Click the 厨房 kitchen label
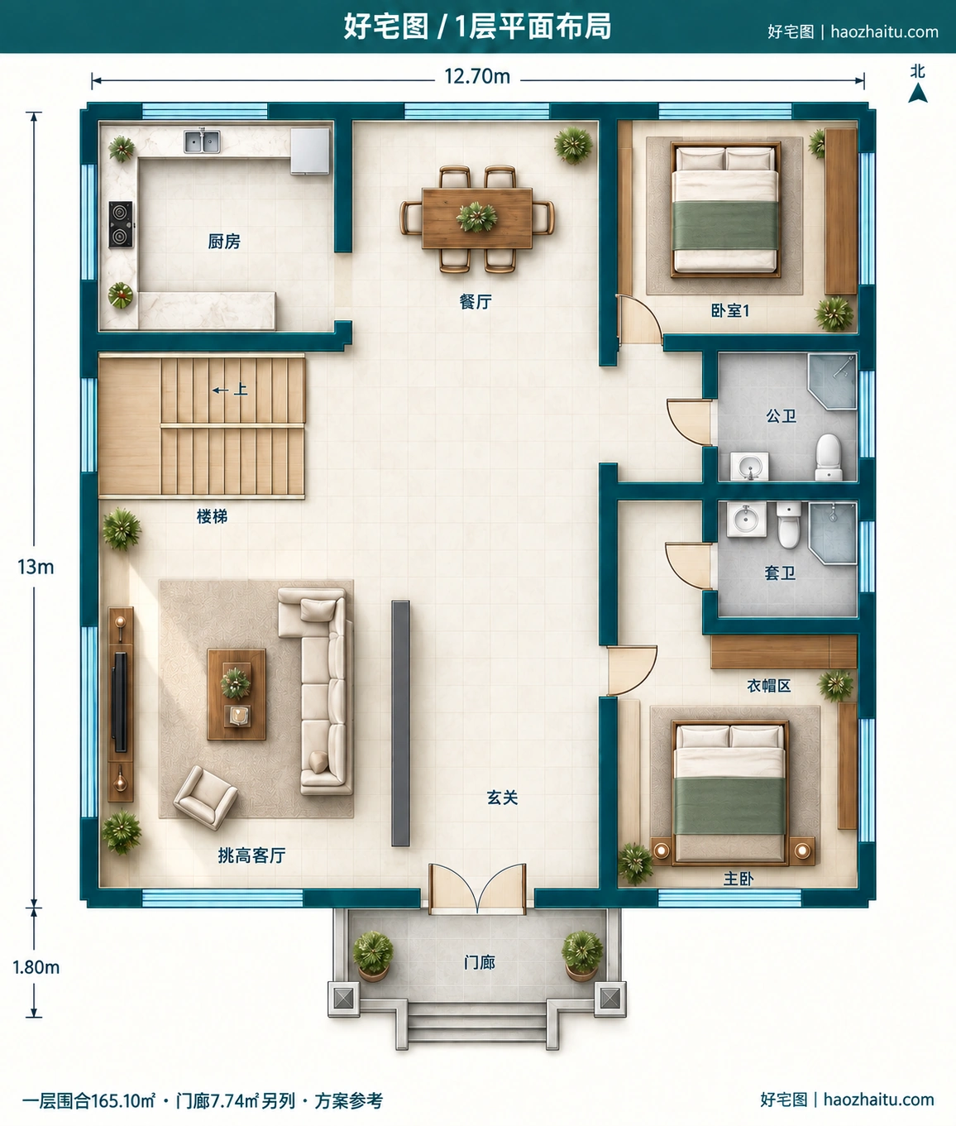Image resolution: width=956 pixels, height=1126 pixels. (x=224, y=242)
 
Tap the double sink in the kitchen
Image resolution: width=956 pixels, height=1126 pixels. (x=202, y=141)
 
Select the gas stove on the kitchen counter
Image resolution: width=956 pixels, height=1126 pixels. (x=121, y=224)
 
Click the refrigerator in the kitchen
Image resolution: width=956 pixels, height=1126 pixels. (x=310, y=151)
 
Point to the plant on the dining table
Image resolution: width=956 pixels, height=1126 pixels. (x=476, y=217)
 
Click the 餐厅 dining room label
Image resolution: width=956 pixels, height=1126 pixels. (x=476, y=301)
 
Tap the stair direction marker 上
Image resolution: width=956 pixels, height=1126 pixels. (x=241, y=390)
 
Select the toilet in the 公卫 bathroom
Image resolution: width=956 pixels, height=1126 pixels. (x=829, y=457)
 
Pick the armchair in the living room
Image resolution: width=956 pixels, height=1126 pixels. (x=205, y=797)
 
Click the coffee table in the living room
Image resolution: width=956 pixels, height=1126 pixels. (x=237, y=695)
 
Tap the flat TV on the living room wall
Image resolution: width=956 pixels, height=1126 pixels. (x=120, y=702)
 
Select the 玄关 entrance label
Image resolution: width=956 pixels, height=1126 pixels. (x=502, y=798)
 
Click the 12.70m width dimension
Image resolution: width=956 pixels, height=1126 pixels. (x=477, y=76)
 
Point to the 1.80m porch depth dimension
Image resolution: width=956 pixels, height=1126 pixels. (x=36, y=967)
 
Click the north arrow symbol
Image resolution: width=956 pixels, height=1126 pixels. (x=918, y=93)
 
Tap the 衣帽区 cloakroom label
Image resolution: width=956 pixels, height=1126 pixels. (x=769, y=686)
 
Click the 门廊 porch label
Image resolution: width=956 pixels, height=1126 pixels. (x=480, y=962)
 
